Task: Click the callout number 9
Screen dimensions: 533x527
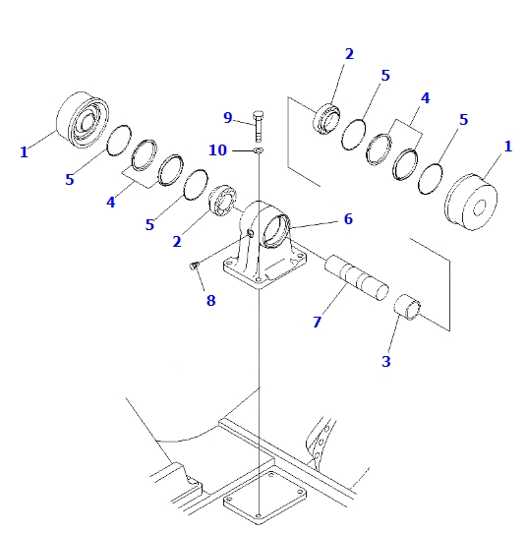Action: point(227,118)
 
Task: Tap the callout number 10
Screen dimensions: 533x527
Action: point(217,149)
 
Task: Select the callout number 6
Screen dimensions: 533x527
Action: point(347,218)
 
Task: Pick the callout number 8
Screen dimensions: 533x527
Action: point(209,300)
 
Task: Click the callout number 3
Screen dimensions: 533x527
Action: point(386,361)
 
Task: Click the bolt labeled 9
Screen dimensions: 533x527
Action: point(257,124)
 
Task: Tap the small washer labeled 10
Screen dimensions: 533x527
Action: point(257,150)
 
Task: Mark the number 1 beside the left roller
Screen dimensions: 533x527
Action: point(23,151)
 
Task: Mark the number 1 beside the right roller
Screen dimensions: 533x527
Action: point(507,146)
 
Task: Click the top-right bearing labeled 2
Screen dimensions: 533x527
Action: point(327,119)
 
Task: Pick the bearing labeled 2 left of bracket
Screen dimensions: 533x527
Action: point(223,200)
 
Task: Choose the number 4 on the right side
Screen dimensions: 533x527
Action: point(425,98)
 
